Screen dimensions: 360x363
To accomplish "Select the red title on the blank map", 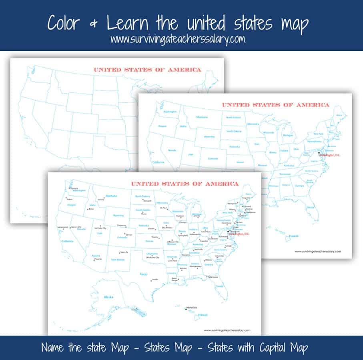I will [147, 70].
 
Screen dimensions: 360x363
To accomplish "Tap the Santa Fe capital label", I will [124, 252].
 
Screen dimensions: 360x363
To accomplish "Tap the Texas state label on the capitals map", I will [143, 274].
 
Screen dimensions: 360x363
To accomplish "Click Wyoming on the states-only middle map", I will [210, 136].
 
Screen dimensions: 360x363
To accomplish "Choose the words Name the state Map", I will [82, 348].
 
